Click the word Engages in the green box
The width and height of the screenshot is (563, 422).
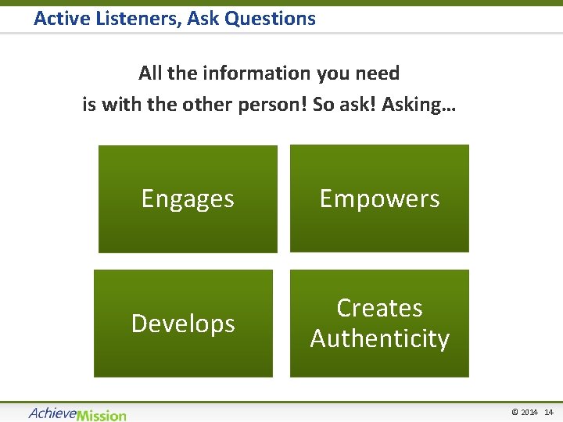click(188, 199)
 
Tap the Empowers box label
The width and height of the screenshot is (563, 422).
click(379, 199)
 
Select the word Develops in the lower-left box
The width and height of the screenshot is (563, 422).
click(183, 324)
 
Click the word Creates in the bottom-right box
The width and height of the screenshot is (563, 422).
click(379, 309)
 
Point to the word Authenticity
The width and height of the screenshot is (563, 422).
click(379, 339)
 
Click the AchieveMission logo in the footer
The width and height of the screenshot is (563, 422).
click(77, 413)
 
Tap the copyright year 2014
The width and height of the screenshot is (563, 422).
click(529, 413)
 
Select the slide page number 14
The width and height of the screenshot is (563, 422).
click(548, 413)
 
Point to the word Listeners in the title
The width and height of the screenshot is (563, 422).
click(134, 18)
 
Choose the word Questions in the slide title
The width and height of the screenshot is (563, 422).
click(270, 18)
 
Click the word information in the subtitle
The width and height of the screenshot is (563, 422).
click(256, 73)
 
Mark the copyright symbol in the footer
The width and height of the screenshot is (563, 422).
click(515, 413)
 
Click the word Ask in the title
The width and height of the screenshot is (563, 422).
click(205, 18)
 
